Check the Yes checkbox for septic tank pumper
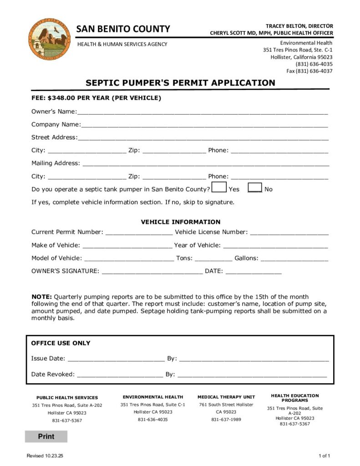pyautogui.click(x=219, y=187)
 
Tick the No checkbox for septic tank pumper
pyautogui.click(x=255, y=187)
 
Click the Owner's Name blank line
pyautogui.click(x=202, y=112)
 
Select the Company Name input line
pyautogui.click(x=204, y=125)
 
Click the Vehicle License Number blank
pyautogui.click(x=289, y=233)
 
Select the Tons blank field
pyautogui.click(x=213, y=258)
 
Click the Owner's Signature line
pyautogui.click(x=152, y=272)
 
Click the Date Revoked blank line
pyautogui.click(x=120, y=375)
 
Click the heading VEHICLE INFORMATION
pyautogui.click(x=180, y=222)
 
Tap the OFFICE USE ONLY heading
pyautogui.click(x=61, y=343)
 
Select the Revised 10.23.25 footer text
pyautogui.click(x=45, y=456)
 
